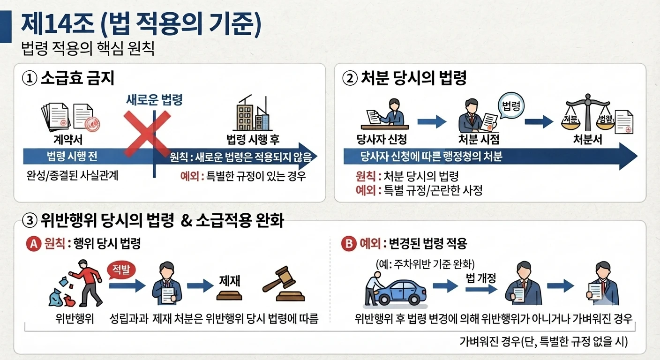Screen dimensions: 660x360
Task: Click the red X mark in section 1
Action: pyautogui.click(x=147, y=134)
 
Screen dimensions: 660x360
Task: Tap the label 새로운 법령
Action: pyautogui.click(x=154, y=100)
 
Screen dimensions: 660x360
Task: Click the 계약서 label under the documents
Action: pyautogui.click(x=68, y=139)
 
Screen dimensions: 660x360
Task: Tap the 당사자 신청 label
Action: pyautogui.click(x=382, y=139)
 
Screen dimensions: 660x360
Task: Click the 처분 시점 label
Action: pyautogui.click(x=479, y=139)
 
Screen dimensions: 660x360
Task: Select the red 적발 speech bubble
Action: pyautogui.click(x=121, y=270)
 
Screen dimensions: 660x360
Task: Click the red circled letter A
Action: pyautogui.click(x=34, y=244)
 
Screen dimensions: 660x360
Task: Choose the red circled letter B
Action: pyautogui.click(x=349, y=244)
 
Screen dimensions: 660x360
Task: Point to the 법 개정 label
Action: pyautogui.click(x=481, y=278)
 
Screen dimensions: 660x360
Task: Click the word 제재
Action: pyautogui.click(x=230, y=281)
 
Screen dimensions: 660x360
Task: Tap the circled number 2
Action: pyautogui.click(x=350, y=79)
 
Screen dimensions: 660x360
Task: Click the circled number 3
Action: pyautogui.click(x=30, y=221)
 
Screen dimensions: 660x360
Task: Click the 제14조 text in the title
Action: pyautogui.click(x=58, y=24)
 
